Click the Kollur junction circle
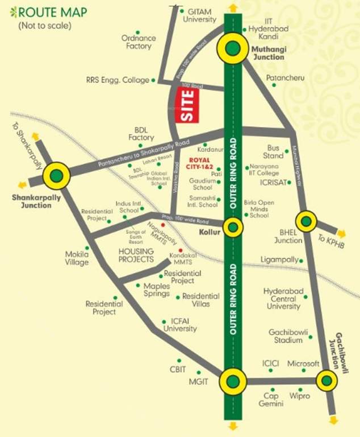232,228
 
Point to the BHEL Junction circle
305,221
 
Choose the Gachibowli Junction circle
326,380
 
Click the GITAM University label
199,15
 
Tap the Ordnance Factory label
139,42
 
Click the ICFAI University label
179,325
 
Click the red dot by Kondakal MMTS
181,251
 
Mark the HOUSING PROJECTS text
136,255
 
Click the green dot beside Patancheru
274,85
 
